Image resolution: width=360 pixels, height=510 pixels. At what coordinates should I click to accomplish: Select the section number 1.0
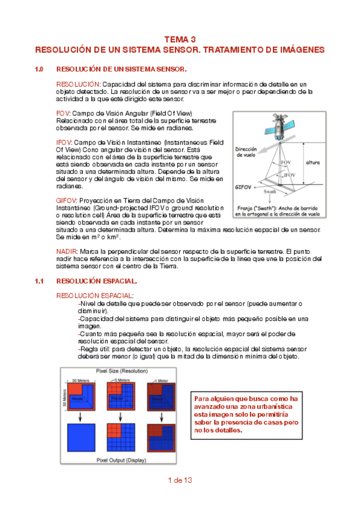[40, 69]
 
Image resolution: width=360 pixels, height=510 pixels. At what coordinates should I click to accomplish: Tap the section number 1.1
[40, 281]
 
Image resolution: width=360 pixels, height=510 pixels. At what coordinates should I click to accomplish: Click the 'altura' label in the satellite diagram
[313, 162]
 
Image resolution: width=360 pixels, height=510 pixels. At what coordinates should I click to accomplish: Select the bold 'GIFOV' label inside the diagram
[243, 187]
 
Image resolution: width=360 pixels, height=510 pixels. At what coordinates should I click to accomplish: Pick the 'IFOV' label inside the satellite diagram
[290, 174]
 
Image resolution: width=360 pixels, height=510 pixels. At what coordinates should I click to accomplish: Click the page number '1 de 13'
[180, 480]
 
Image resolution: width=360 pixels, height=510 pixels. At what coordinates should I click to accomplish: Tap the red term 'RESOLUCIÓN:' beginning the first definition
[78, 84]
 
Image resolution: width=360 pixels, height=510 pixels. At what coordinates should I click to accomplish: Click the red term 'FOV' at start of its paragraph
[63, 113]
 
